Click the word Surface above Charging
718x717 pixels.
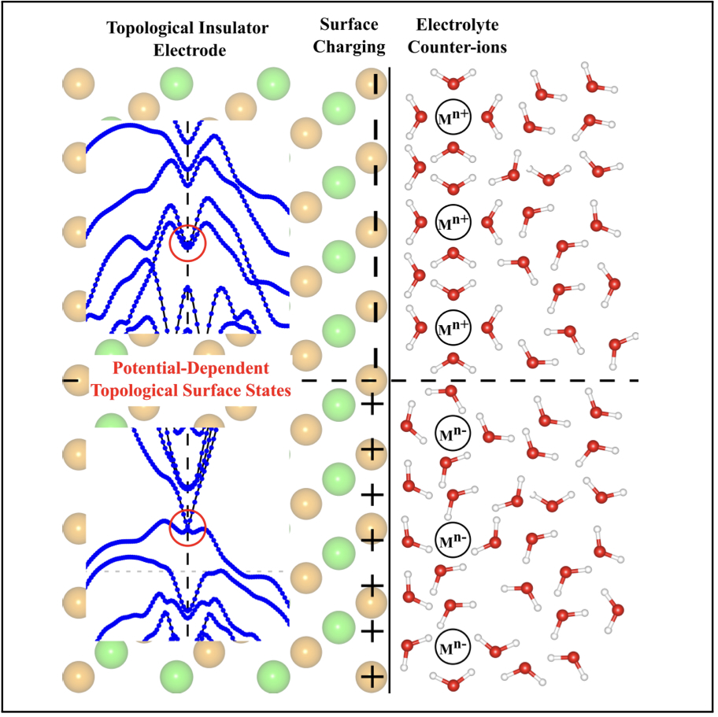click(347, 28)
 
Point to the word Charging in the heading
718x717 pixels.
click(347, 48)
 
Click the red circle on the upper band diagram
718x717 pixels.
click(187, 242)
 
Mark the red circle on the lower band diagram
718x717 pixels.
click(187, 527)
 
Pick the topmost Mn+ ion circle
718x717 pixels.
click(453, 116)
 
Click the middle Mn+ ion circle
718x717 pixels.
click(453, 222)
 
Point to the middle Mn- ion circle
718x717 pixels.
click(453, 538)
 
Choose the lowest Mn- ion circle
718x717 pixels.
click(453, 646)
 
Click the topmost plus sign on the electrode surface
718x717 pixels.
click(372, 405)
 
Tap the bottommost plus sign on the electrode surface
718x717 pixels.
click(372, 676)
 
